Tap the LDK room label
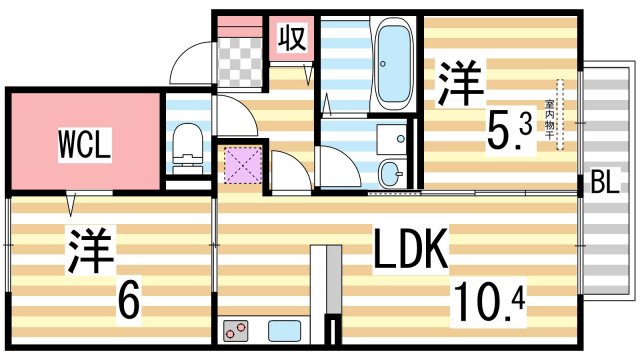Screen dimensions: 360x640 click(411, 250)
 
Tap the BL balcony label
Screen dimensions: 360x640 click(604, 183)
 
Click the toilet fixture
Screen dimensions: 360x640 click(185, 144)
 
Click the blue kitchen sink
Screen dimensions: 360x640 click(283, 329)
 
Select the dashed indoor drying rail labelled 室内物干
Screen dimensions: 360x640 click(560, 115)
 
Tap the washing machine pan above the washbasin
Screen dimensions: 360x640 click(392, 134)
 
